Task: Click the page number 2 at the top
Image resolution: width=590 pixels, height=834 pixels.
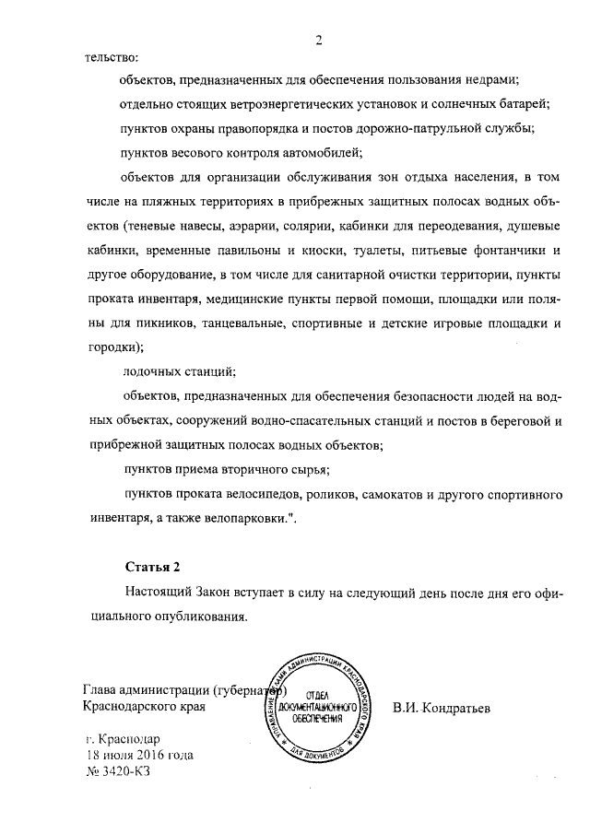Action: (319, 39)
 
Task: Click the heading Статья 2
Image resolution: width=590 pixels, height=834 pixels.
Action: (150, 564)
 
